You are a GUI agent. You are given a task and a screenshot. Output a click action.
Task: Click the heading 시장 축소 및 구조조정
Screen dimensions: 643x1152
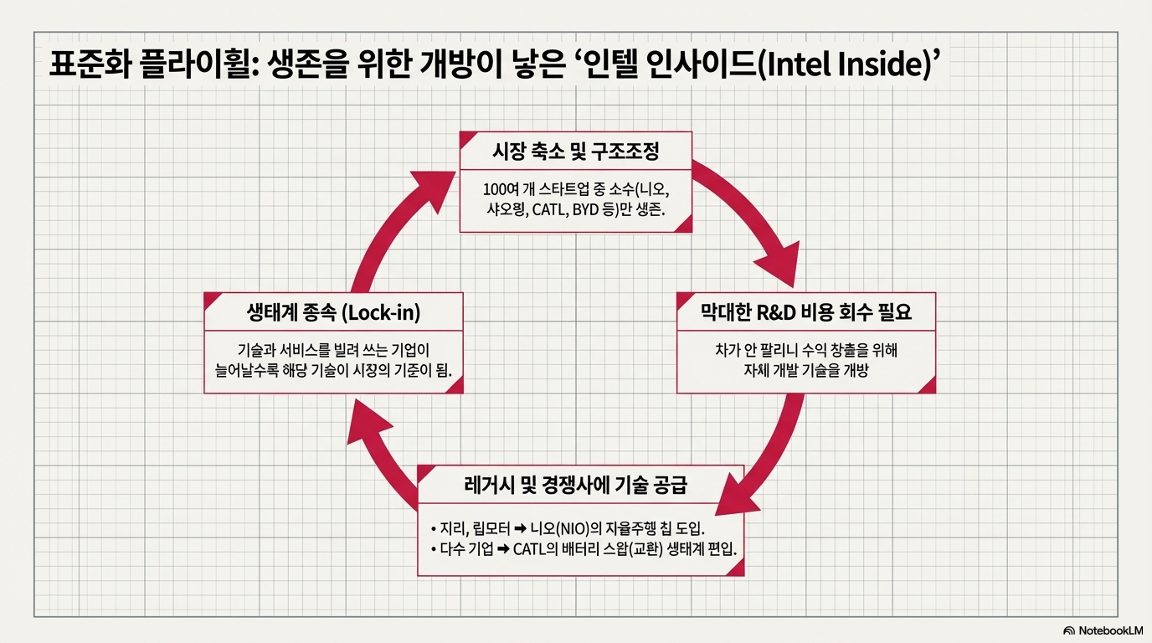click(x=576, y=152)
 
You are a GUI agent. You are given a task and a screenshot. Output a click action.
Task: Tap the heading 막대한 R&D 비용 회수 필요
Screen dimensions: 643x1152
click(x=805, y=313)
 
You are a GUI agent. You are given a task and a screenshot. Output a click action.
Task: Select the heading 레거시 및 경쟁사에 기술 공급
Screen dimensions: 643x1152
click(x=580, y=485)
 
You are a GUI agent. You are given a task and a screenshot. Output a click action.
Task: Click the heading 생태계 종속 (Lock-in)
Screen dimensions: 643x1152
click(x=333, y=313)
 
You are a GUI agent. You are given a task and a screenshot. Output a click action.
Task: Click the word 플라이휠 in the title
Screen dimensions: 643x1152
click(x=196, y=65)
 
